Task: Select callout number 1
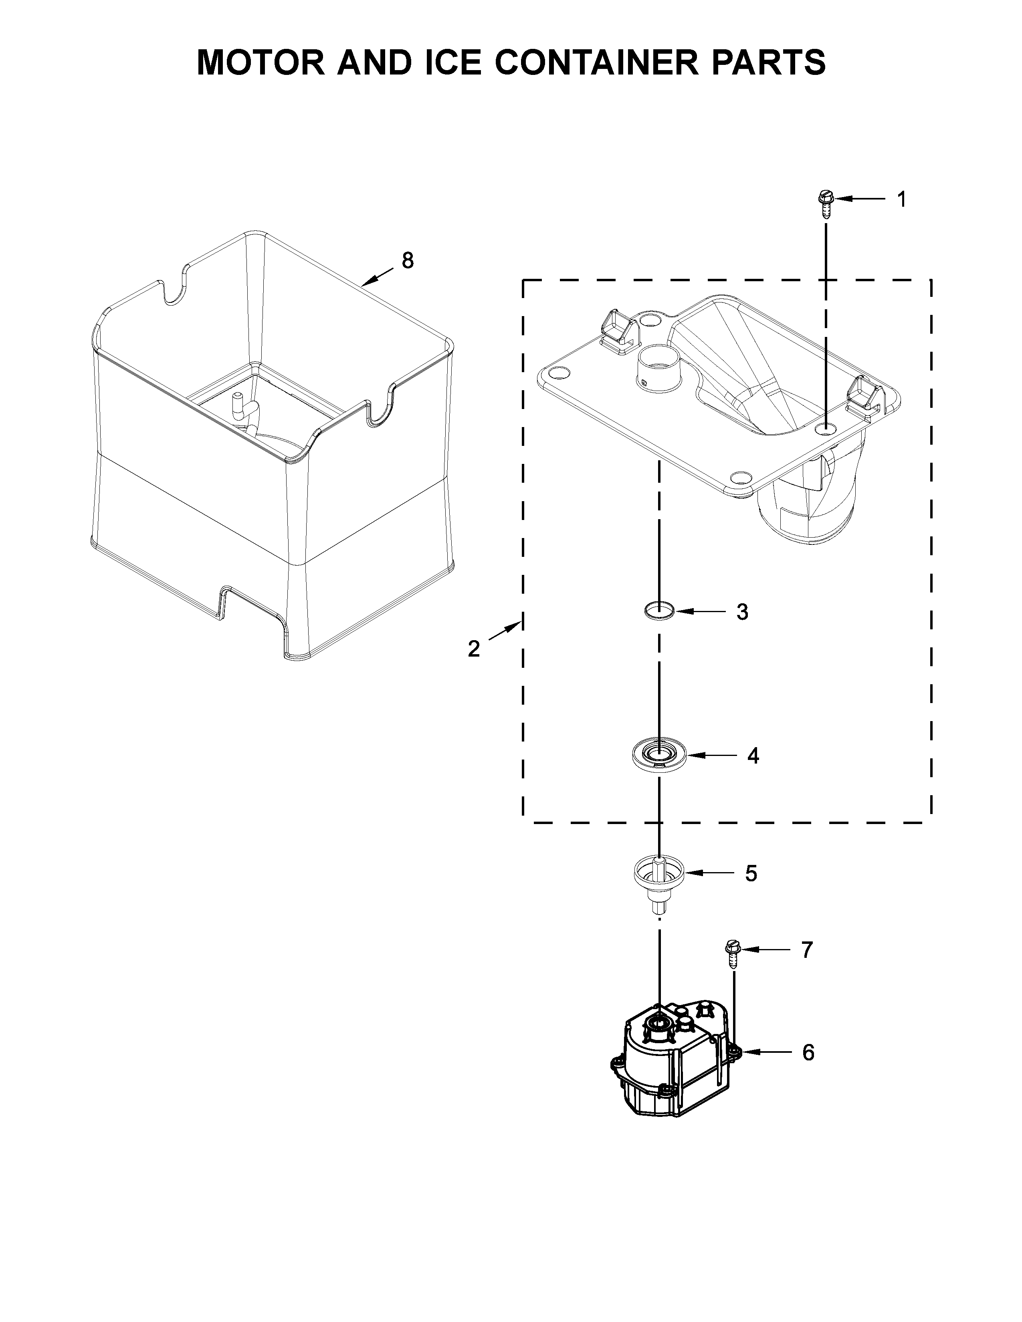coord(901,199)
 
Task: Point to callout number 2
coord(473,649)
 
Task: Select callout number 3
coord(742,612)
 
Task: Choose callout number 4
coord(753,756)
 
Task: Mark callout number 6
coord(808,1053)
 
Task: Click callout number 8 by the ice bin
coord(408,261)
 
